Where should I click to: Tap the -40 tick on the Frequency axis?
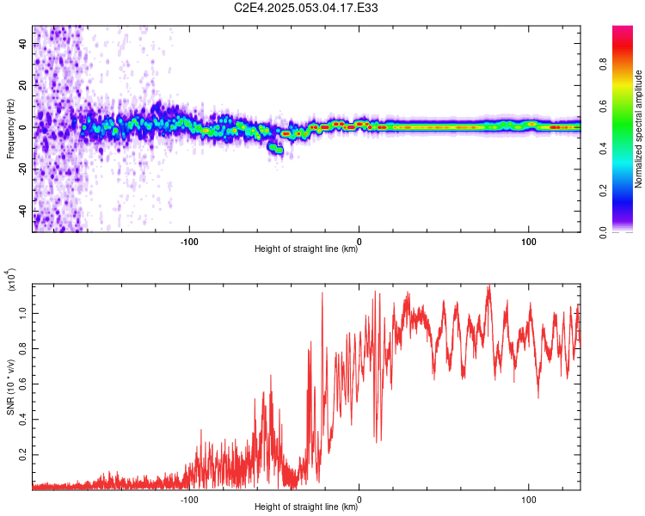21,211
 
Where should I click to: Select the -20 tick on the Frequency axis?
21,169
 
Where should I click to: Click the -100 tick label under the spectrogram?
189,240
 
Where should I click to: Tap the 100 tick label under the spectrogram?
528,240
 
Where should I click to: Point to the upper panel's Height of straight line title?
306,249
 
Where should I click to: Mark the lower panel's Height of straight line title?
306,507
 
